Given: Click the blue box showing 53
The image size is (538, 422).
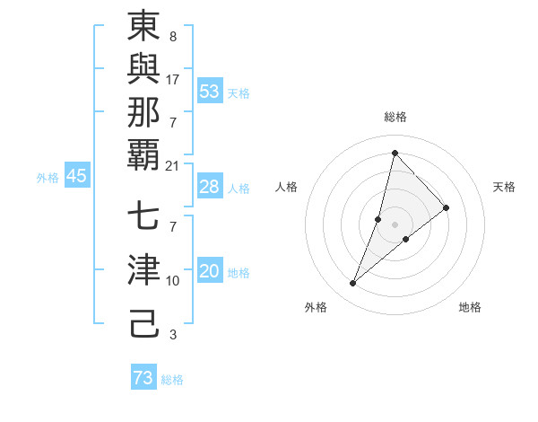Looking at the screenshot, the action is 210,92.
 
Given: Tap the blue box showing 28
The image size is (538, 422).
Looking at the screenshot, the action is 210,187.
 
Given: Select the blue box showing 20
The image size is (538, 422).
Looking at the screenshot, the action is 210,272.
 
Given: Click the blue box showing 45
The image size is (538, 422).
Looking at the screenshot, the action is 76,177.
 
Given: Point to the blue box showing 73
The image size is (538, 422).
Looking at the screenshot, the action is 143,378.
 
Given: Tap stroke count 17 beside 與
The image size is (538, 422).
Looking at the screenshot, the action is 173,80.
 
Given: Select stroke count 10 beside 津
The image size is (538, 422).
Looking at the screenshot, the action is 173,281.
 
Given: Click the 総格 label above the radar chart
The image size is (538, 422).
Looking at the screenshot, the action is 395,117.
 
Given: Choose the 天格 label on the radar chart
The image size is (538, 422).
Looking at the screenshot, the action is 504,187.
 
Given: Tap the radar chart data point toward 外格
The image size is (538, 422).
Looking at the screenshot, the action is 352,284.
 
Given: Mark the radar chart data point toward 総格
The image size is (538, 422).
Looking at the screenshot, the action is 395,153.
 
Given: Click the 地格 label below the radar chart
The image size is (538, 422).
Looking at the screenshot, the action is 470,307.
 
